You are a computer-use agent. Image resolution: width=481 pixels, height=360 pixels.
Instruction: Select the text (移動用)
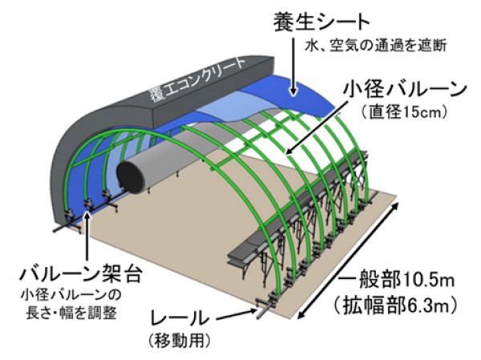[180, 341]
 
